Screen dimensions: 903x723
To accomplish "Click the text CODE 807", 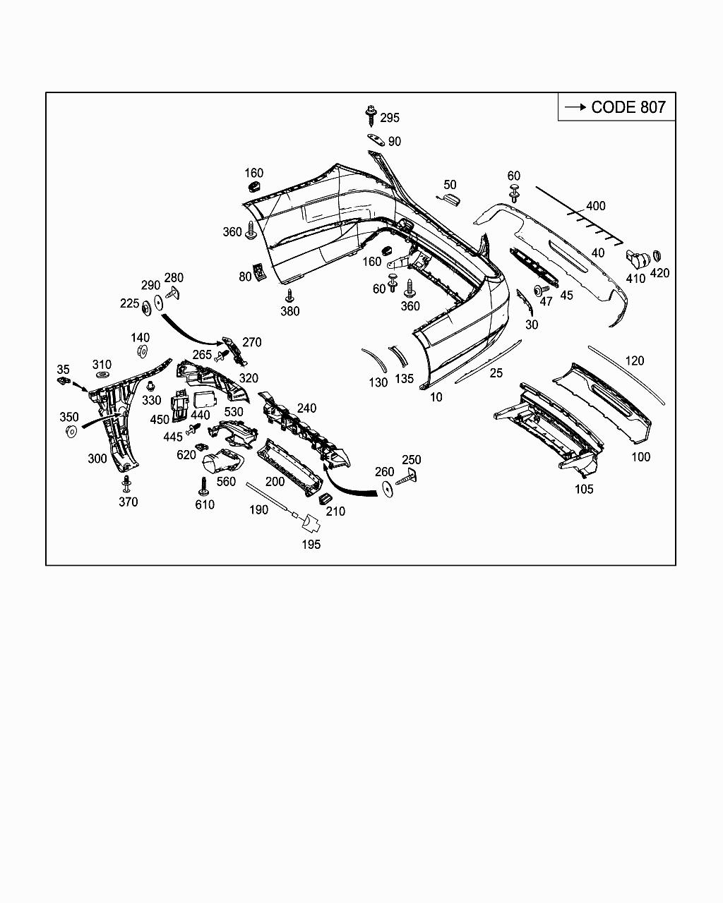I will (x=628, y=107).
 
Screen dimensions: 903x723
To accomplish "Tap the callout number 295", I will (x=390, y=118).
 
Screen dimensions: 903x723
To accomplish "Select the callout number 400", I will (x=596, y=206).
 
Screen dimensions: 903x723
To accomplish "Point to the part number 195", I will (x=311, y=544).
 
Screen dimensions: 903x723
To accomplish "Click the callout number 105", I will (x=584, y=489).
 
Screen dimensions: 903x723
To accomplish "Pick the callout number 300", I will (x=97, y=459).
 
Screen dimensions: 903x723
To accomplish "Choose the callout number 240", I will (x=306, y=408).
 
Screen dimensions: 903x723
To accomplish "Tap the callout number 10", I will (x=436, y=397).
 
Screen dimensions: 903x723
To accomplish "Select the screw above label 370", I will (x=127, y=484).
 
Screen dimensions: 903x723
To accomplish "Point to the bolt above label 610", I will (x=203, y=485).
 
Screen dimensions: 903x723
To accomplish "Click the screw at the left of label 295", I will (x=371, y=114).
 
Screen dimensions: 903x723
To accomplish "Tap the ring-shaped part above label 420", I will (x=657, y=256).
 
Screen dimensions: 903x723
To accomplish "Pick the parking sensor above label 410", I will (x=637, y=259).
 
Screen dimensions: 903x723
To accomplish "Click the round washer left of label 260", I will (x=387, y=488).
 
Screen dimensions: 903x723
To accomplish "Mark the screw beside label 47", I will (x=540, y=290).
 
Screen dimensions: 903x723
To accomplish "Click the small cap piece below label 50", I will (x=452, y=200).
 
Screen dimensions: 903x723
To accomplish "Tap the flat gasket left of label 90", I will (x=375, y=140).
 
